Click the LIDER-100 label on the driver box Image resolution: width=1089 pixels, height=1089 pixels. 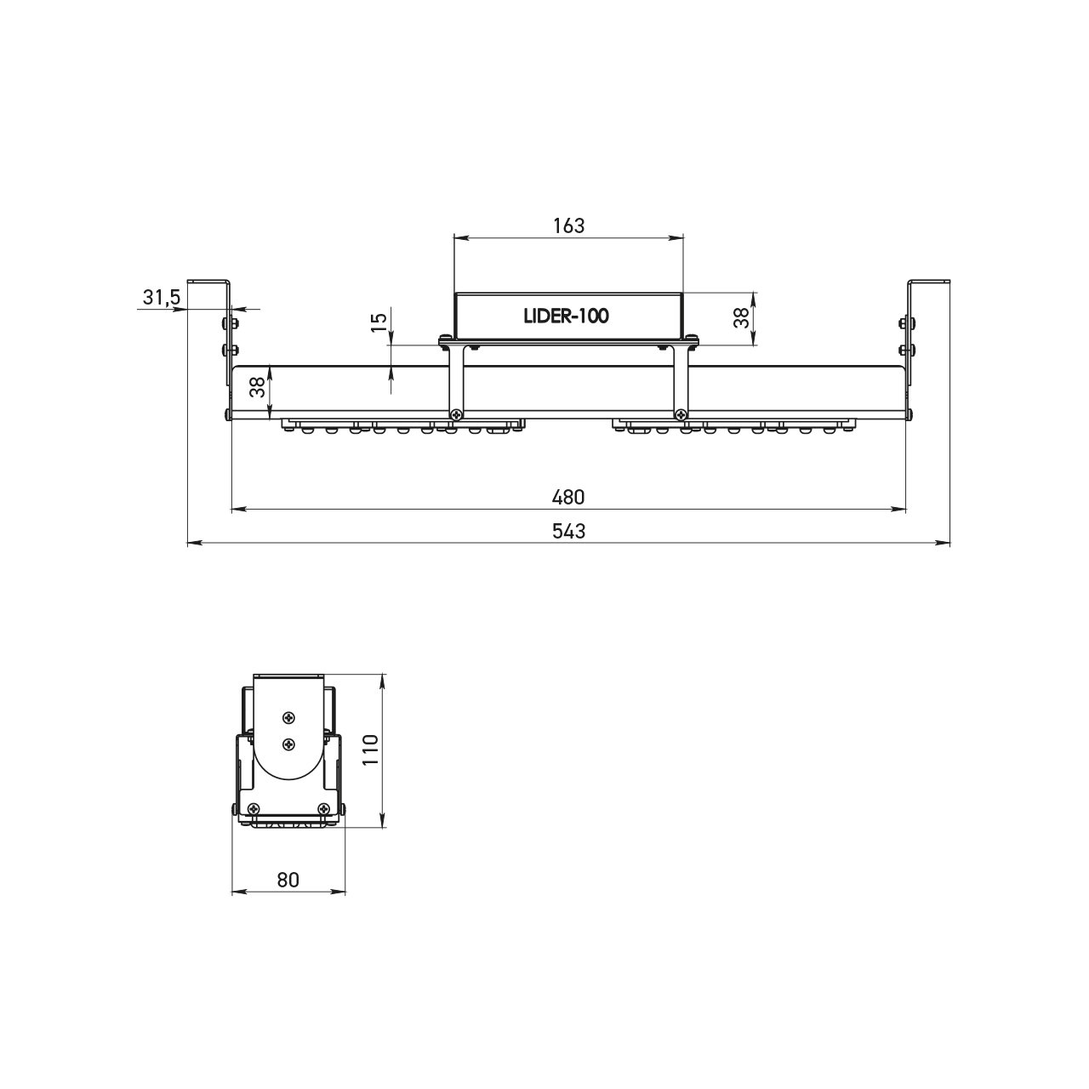coord(567,316)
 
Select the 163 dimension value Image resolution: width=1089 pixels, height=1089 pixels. coord(568,225)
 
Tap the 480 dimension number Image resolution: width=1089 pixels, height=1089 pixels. coord(568,497)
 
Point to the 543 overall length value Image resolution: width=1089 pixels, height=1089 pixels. coord(568,531)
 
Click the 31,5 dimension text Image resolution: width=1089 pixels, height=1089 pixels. coord(161,297)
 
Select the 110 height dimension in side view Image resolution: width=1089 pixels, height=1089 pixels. coord(369,750)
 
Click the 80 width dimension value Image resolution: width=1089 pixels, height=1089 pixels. coord(288,880)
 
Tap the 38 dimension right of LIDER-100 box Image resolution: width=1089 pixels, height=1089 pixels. coord(741,318)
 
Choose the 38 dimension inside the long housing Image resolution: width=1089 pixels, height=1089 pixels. coord(258,388)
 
